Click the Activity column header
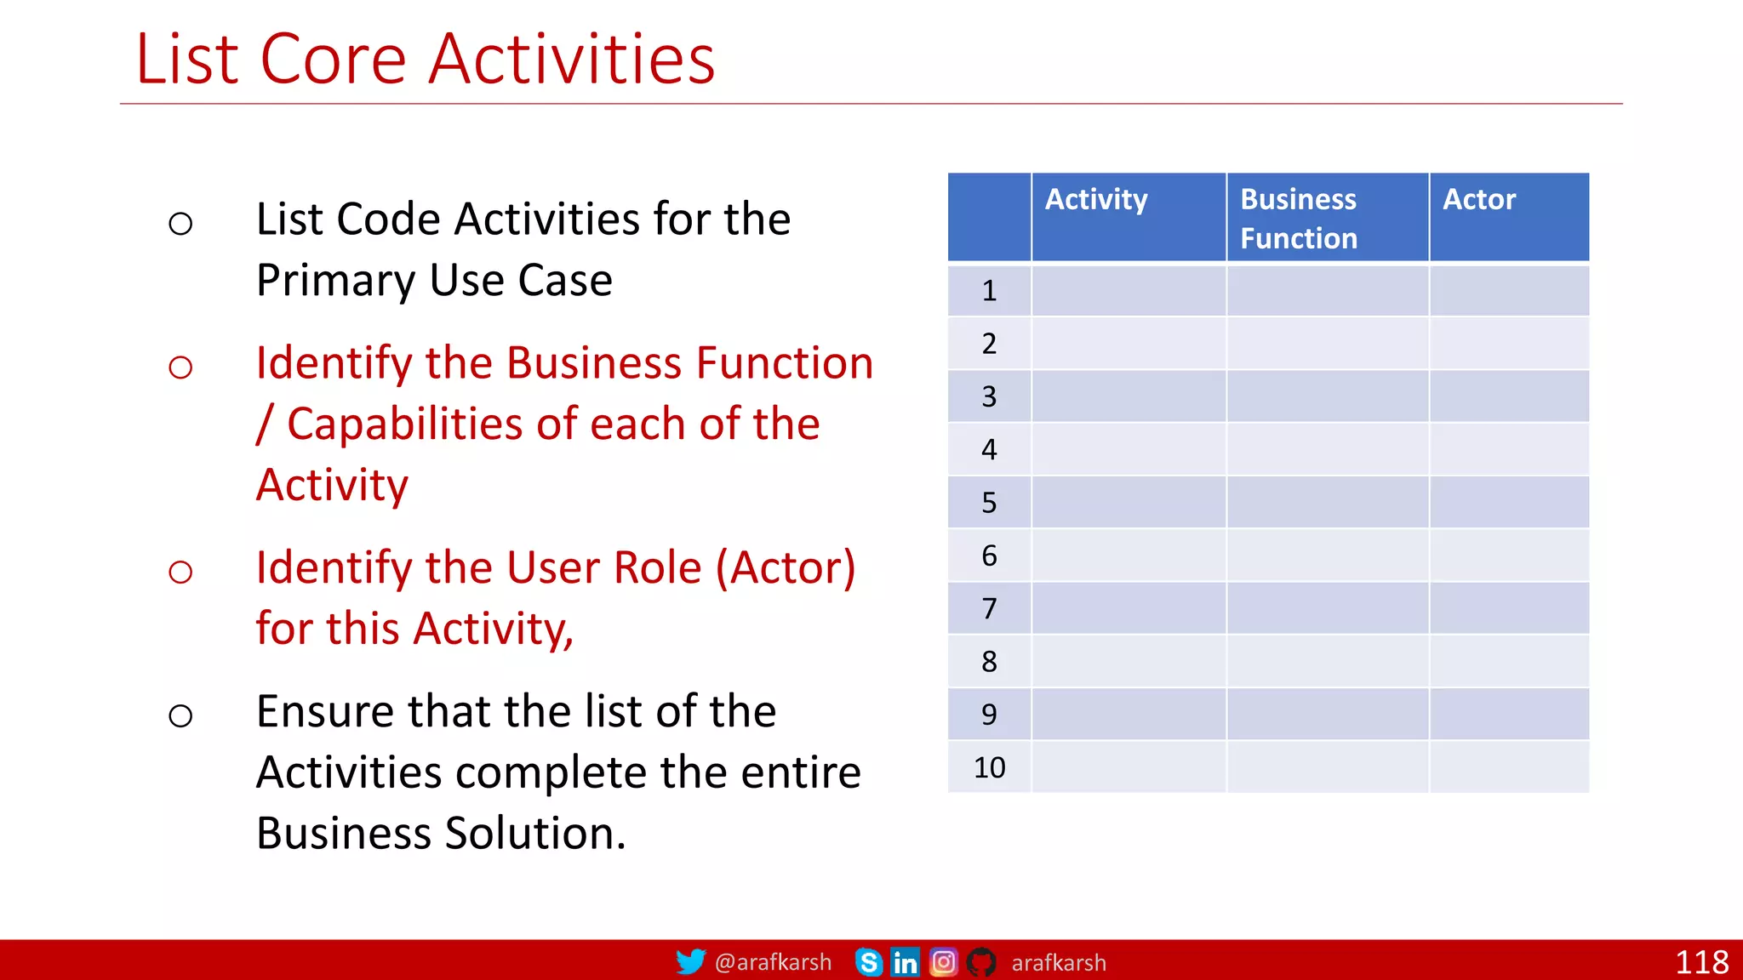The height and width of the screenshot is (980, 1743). click(x=1096, y=200)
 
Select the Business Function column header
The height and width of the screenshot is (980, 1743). click(x=1299, y=219)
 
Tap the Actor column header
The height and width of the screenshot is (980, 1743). click(x=1479, y=200)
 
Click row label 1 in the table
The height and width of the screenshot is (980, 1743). click(x=989, y=291)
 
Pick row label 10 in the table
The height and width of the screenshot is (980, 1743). click(x=989, y=767)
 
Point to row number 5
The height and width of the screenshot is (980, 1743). click(x=989, y=503)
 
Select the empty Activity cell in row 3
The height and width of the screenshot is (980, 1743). click(x=1129, y=396)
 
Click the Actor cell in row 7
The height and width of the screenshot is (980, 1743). click(x=1508, y=608)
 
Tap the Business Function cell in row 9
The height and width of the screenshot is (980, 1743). click(x=1327, y=714)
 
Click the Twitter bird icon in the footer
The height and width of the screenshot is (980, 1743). click(x=690, y=962)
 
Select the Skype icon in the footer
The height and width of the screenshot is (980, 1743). click(x=868, y=962)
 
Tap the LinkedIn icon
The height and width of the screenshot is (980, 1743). click(x=905, y=962)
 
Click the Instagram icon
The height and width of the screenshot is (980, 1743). click(x=943, y=962)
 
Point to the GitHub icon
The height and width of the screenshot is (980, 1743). click(x=981, y=962)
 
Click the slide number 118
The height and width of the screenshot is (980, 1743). click(x=1701, y=962)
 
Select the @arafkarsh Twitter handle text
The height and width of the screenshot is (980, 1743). click(x=773, y=962)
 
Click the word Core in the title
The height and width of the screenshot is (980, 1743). click(x=333, y=60)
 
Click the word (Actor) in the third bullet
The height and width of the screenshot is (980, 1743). click(x=785, y=567)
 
